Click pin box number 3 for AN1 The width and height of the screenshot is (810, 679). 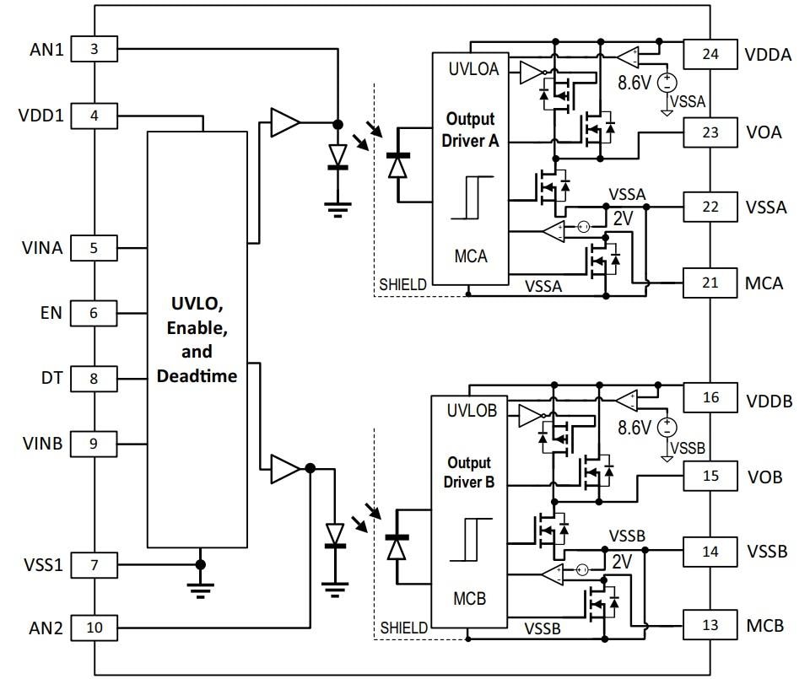(94, 49)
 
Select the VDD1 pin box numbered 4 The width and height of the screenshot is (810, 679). (94, 115)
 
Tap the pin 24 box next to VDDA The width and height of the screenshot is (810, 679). (710, 55)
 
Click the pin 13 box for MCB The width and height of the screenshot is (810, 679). (710, 625)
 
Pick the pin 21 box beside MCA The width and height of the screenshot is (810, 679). (710, 282)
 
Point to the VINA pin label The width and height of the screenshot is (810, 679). (41, 248)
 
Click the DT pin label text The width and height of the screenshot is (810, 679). (51, 378)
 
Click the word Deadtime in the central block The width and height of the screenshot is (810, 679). (197, 376)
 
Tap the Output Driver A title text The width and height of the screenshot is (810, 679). (470, 129)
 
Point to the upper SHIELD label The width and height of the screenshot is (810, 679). (402, 285)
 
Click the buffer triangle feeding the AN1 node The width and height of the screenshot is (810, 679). (284, 123)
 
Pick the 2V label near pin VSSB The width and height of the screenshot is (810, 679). (622, 561)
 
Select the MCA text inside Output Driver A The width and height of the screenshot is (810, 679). (470, 256)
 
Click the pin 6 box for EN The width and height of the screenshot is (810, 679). (94, 313)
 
